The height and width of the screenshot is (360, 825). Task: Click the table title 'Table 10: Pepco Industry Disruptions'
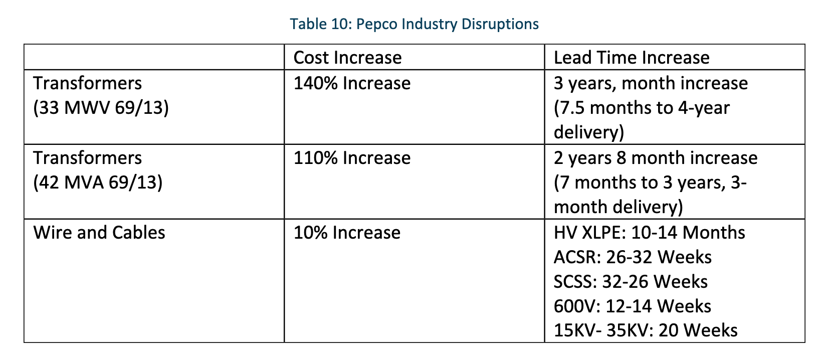click(x=414, y=24)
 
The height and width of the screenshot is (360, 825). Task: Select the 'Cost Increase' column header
click(x=347, y=58)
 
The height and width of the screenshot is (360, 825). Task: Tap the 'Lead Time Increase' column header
click(x=632, y=58)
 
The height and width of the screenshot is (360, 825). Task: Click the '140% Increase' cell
click(x=352, y=83)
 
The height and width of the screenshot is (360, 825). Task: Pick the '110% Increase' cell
click(x=352, y=158)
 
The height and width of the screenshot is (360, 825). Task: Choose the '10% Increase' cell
click(x=347, y=233)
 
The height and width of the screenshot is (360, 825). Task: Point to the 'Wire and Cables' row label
click(x=99, y=233)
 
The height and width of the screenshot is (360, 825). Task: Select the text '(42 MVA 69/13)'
click(x=98, y=183)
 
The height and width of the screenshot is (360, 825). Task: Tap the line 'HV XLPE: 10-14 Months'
click(x=649, y=233)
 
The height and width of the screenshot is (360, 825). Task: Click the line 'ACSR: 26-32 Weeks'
click(x=633, y=257)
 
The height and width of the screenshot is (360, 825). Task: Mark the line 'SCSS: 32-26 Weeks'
click(x=631, y=282)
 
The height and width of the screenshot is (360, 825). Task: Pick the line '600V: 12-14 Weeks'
click(x=633, y=306)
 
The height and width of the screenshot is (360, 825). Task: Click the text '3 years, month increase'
click(x=651, y=83)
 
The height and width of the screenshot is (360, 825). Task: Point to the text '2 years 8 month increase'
click(x=656, y=158)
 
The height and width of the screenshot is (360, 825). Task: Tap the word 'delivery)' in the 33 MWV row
click(x=589, y=132)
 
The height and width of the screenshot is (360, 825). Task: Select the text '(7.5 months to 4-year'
click(x=642, y=108)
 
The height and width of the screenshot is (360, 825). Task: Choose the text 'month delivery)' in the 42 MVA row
click(x=618, y=207)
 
